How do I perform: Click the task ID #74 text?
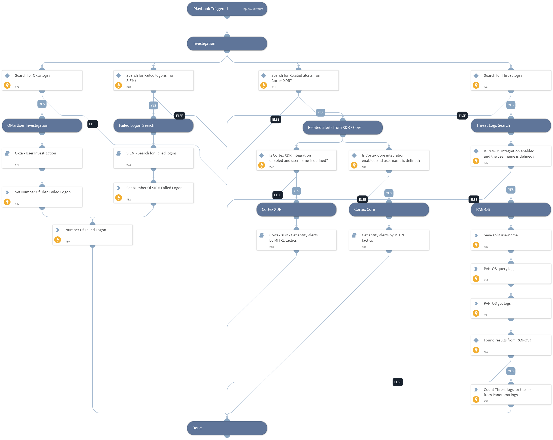pos(17,87)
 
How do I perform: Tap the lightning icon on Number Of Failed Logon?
pos(57,240)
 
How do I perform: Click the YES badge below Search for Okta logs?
pos(42,104)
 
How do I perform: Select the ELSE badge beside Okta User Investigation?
pos(92,124)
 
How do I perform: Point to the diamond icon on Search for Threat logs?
pos(476,76)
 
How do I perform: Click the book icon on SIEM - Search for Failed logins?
pos(119,153)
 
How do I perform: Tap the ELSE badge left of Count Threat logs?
pos(397,382)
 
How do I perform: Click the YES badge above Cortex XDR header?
pos(296,191)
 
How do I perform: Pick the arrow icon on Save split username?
pos(476,235)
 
